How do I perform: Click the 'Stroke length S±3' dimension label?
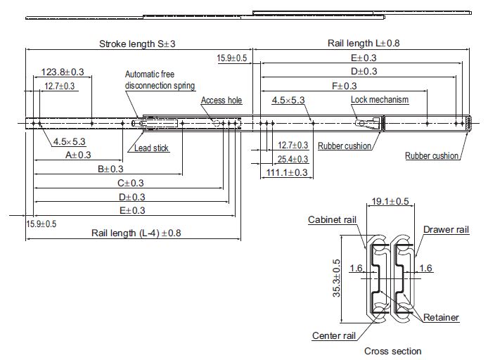[x=137, y=44]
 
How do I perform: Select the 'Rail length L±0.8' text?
[x=364, y=43]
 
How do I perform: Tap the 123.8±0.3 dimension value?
[x=63, y=72]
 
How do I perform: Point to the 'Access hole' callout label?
[x=221, y=100]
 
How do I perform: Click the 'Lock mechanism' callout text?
[x=380, y=100]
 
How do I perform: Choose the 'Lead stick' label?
[x=151, y=148]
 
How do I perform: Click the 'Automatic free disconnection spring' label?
[x=160, y=79]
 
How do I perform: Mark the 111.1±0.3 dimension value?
[x=287, y=172]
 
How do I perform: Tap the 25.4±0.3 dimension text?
[x=293, y=159]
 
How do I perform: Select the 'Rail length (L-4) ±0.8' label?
[x=136, y=233]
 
